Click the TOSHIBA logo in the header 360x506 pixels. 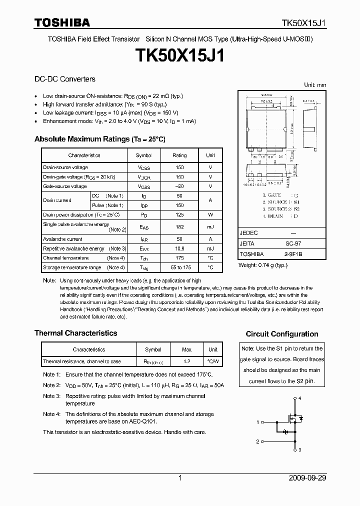pos(62,22)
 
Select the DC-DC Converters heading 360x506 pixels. pos(64,79)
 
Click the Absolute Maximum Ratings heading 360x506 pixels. pos(99,139)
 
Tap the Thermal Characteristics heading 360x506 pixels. pos(75,333)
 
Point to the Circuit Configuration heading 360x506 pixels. pos(282,334)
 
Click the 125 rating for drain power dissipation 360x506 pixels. pos(179,214)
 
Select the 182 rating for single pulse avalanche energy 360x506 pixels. pos(179,226)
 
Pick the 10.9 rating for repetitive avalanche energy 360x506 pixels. pos(179,248)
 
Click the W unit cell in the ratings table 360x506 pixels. pos(210,214)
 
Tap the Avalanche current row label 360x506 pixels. pos(62,239)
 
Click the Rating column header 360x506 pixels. pos(179,155)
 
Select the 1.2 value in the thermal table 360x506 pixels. pos(187,361)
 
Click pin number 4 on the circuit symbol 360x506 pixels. pos(300,398)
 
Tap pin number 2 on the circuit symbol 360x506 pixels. pos(258,441)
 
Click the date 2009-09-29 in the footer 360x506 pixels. pos(307,478)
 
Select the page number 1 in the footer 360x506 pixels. pos(180,478)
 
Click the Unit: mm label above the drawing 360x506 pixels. pos(315,85)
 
